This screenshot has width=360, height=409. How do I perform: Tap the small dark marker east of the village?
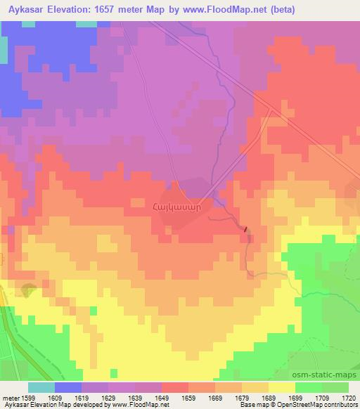(x=245, y=229)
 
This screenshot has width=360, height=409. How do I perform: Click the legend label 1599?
(x=29, y=398)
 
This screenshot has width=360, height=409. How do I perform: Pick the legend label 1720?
(x=349, y=398)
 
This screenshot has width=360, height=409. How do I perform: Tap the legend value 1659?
(x=188, y=398)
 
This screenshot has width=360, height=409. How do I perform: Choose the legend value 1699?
(x=295, y=398)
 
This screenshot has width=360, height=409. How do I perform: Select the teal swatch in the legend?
(x=41, y=387)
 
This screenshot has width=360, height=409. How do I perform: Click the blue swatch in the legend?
(x=67, y=387)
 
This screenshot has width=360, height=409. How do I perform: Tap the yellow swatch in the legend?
(x=281, y=387)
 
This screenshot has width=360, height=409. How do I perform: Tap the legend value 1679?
(x=242, y=398)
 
